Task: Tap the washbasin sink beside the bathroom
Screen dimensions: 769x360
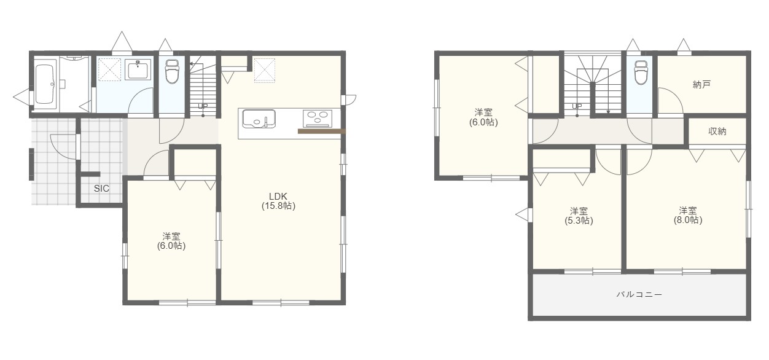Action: [138, 69]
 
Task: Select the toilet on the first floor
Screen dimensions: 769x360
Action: [171, 71]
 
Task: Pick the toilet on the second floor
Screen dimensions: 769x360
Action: [641, 72]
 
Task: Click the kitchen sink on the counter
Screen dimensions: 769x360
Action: [259, 119]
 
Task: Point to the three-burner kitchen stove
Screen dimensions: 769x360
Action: [318, 117]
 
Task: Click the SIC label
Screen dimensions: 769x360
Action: [101, 188]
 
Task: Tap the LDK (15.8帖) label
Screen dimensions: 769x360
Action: [278, 201]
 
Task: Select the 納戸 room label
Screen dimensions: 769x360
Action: [701, 85]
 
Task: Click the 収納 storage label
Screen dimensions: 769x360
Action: [717, 131]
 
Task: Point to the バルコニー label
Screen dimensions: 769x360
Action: [639, 294]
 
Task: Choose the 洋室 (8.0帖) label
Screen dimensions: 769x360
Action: [688, 215]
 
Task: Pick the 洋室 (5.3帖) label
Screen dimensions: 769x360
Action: [579, 216]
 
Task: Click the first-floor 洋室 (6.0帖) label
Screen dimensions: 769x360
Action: [171, 241]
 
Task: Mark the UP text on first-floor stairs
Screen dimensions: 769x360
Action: [203, 106]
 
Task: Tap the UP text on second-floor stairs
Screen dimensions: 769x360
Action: [577, 106]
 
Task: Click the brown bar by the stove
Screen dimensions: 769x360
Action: [322, 131]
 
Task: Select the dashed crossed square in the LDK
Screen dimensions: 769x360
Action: [264, 71]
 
